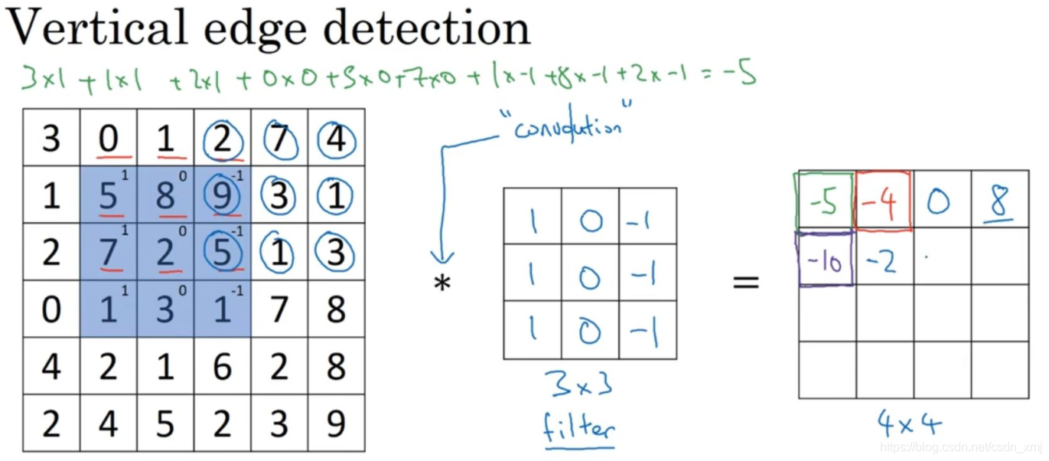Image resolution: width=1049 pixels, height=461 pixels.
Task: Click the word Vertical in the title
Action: (x=96, y=28)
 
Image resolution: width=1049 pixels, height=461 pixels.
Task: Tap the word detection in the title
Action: (x=426, y=28)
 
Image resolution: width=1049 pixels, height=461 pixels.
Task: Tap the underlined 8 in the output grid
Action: (x=999, y=201)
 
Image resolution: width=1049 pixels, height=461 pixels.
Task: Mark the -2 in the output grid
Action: (x=881, y=261)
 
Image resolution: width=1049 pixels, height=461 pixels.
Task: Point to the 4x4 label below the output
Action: (x=909, y=422)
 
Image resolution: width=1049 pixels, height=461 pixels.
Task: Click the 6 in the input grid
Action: (x=223, y=367)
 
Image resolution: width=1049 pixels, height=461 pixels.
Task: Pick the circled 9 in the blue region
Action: (x=222, y=197)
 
